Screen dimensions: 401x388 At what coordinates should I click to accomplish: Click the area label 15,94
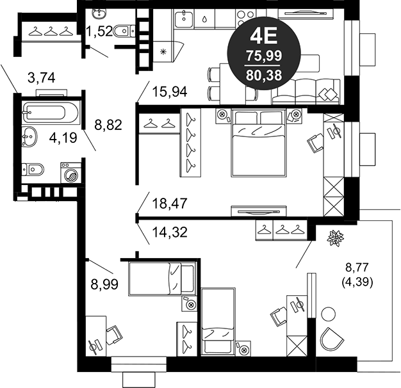170,92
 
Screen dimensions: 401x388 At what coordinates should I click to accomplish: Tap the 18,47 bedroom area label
170,204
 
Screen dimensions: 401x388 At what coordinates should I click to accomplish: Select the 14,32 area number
170,232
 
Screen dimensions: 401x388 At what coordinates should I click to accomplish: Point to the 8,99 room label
104,284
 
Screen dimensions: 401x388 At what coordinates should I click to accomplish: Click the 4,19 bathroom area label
63,138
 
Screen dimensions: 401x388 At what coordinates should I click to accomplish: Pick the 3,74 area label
42,77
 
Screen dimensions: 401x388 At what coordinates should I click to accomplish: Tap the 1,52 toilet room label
99,31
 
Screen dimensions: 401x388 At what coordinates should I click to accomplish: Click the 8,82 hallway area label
108,125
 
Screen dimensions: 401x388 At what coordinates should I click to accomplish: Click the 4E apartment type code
264,36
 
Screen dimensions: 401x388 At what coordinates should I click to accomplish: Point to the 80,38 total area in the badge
264,76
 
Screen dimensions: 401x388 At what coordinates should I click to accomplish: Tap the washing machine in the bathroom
71,173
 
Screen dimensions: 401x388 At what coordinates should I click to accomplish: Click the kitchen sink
184,18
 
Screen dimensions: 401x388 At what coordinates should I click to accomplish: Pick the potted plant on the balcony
336,238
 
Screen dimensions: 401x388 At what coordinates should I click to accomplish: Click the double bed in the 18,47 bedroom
258,143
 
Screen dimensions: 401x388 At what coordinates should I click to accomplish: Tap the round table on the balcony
328,314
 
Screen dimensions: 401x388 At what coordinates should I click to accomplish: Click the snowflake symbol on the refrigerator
163,52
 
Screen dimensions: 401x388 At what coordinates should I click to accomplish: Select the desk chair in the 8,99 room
114,335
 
